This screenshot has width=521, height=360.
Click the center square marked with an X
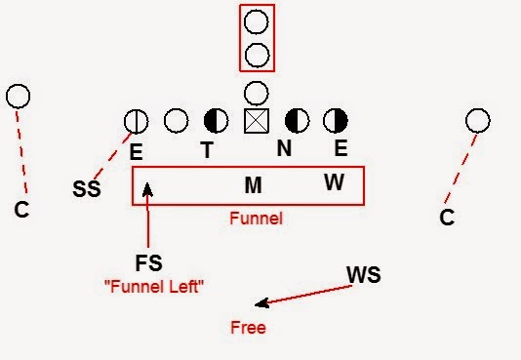point(256,120)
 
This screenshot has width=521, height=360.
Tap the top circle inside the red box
point(257,21)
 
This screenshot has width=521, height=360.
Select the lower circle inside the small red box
point(257,53)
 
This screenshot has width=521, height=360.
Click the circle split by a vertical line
point(137,121)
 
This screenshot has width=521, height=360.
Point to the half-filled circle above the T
point(216,121)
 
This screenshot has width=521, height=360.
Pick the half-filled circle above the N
point(297,120)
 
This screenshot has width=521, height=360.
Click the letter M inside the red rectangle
point(254,184)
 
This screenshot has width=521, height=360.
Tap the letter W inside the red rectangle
point(334,182)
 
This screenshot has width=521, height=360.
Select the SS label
point(87,189)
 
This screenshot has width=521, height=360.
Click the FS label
point(148,262)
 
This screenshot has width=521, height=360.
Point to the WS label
point(363,275)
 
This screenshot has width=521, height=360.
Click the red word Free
point(248,328)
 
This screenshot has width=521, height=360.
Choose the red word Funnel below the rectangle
point(256,219)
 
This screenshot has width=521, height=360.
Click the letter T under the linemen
point(207,150)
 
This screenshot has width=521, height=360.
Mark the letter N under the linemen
point(284,150)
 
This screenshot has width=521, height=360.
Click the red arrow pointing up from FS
point(147,215)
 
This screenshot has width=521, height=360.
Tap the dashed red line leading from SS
point(115,156)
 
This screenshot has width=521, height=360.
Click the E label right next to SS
point(137,152)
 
